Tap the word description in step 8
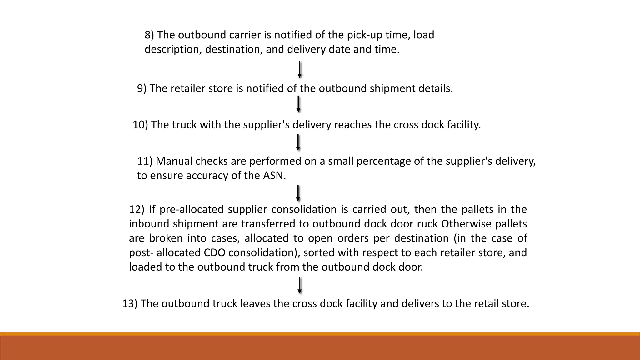173,50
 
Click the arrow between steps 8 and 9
299,69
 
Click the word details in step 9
435,88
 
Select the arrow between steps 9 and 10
298,104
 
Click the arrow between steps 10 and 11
298,142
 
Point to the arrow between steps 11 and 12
298,193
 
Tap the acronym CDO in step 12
214,252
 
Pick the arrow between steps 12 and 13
299,285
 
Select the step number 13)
129,303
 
